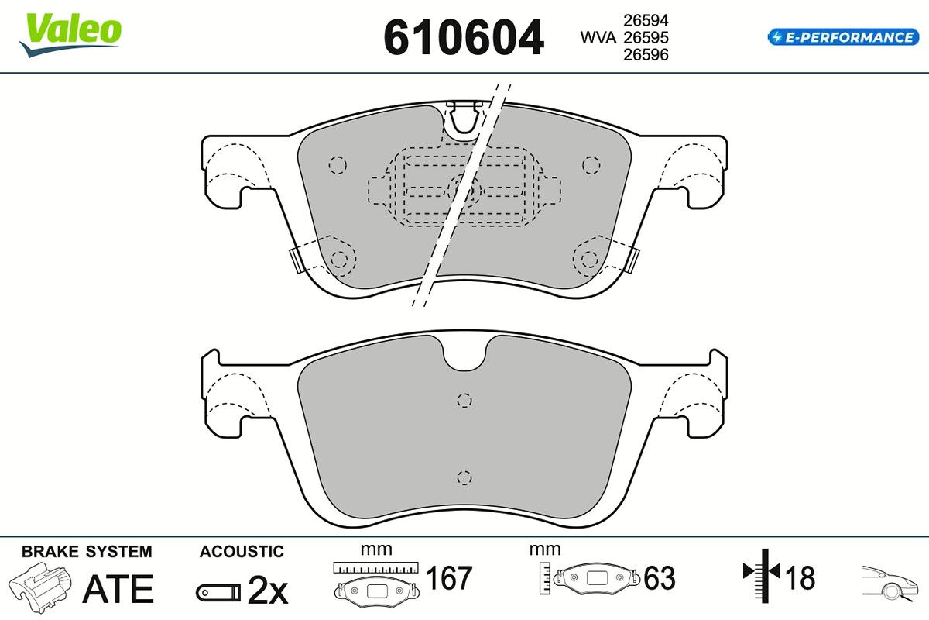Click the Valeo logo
(x=70, y=34)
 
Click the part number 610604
(x=464, y=38)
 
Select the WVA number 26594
(x=646, y=20)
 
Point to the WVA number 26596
(x=646, y=55)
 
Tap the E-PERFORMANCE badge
(x=843, y=37)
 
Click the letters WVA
(x=598, y=38)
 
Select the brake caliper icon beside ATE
(x=39, y=587)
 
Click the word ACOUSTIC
(x=242, y=552)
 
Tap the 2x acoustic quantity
(x=268, y=591)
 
